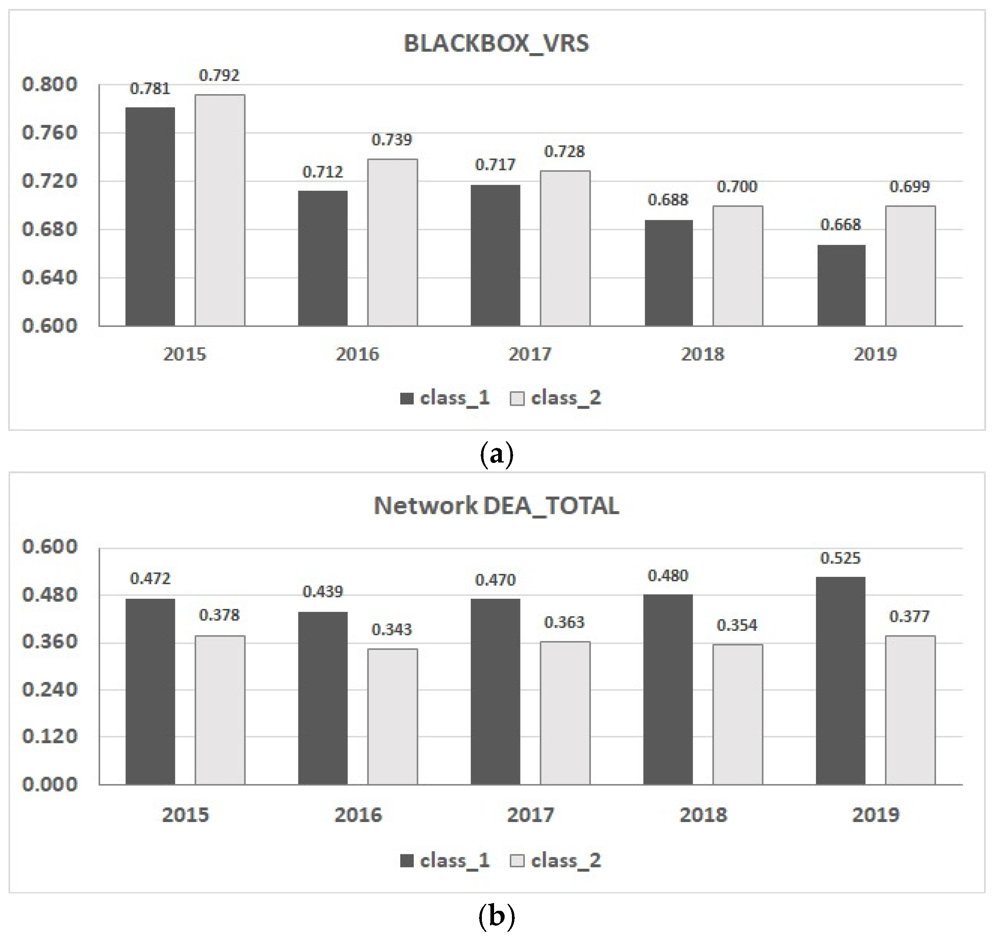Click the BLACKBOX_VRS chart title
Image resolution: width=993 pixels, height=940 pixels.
(x=496, y=43)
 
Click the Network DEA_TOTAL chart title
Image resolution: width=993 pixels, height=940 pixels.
(x=496, y=505)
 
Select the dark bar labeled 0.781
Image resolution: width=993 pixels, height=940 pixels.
(x=150, y=217)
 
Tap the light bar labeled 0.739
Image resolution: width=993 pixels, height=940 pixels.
(x=392, y=243)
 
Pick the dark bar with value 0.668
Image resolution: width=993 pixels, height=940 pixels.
(x=841, y=285)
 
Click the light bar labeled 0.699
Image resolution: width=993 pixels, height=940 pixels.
(x=910, y=266)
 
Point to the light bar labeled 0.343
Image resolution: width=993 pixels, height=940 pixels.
(x=392, y=716)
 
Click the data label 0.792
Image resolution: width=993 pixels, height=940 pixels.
(x=219, y=75)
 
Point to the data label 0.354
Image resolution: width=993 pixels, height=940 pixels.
(x=737, y=625)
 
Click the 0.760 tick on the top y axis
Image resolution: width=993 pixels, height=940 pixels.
(x=50, y=133)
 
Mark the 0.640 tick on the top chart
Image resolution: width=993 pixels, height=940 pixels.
(x=50, y=277)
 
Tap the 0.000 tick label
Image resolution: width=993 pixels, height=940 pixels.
(x=50, y=784)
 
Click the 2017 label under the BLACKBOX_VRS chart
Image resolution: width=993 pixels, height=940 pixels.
(x=530, y=354)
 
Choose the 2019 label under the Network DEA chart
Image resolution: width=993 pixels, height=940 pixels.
(x=876, y=815)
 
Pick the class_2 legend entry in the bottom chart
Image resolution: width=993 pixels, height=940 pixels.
(x=556, y=861)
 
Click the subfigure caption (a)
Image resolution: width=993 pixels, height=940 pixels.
(x=496, y=454)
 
